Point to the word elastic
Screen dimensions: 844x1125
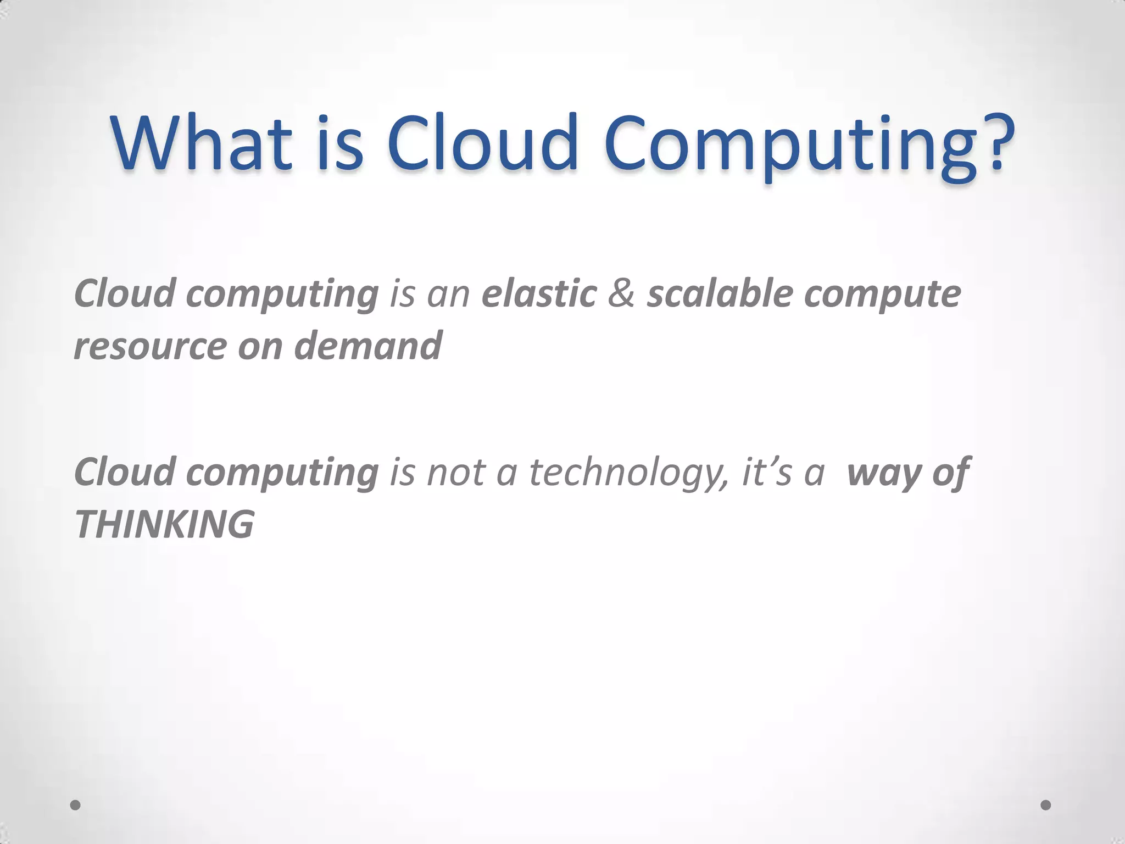[539, 293]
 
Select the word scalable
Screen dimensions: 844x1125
[720, 293]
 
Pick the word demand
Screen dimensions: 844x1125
[367, 346]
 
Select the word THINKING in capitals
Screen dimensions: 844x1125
[164, 524]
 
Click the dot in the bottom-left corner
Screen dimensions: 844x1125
[75, 804]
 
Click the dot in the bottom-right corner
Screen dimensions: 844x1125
[1046, 804]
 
